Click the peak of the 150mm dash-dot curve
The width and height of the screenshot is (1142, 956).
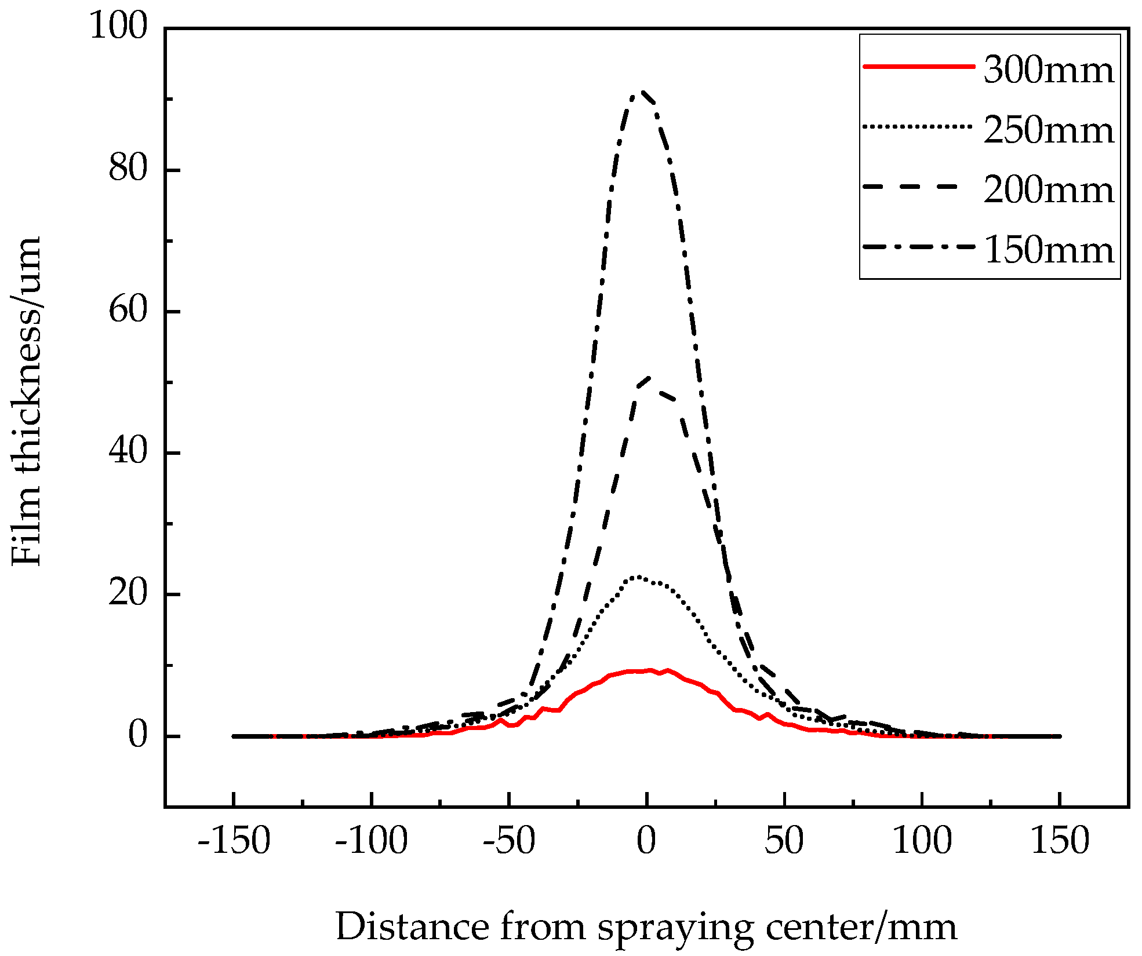click(640, 93)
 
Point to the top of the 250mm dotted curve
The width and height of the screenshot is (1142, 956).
click(638, 577)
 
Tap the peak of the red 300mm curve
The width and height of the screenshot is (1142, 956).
click(668, 670)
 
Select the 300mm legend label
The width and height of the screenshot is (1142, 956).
click(1048, 70)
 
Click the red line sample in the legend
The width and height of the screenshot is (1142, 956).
click(918, 67)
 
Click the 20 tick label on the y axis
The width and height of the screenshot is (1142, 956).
click(128, 593)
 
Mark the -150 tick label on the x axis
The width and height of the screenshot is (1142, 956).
click(234, 841)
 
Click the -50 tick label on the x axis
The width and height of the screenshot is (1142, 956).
click(509, 841)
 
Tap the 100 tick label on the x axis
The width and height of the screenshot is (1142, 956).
click(922, 841)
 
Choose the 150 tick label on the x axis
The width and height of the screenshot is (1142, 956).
click(1060, 841)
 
